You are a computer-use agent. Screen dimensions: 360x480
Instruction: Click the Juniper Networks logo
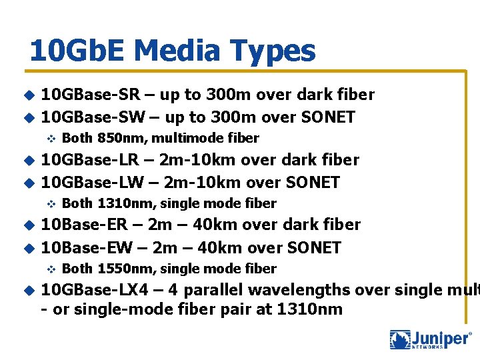[429, 339]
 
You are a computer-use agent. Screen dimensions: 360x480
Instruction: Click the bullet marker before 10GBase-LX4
[28, 290]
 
